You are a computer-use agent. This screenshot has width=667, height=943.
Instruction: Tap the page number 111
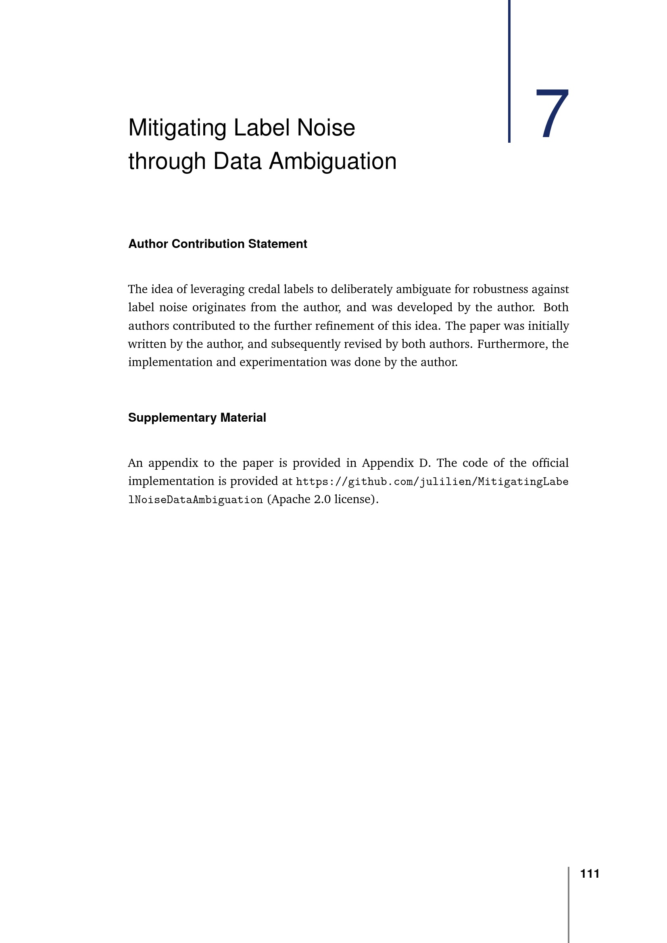(x=590, y=874)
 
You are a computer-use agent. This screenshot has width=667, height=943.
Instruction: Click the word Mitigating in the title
(x=177, y=128)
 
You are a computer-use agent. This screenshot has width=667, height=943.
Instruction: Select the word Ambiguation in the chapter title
(x=333, y=161)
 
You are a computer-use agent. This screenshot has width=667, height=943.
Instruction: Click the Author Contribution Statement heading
(x=217, y=244)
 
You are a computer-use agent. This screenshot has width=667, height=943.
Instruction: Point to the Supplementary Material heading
(x=197, y=418)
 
